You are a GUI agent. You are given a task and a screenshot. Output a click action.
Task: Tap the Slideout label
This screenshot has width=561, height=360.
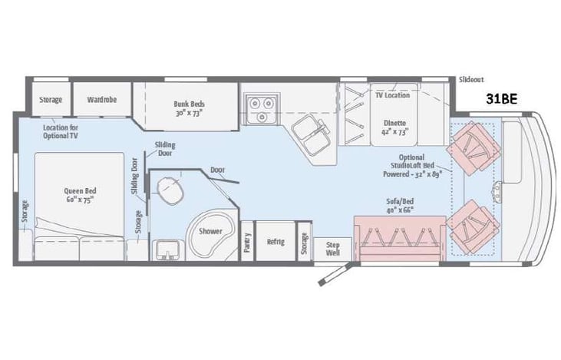(x=470, y=80)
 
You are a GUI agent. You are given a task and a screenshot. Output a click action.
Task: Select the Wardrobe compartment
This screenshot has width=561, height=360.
(x=101, y=99)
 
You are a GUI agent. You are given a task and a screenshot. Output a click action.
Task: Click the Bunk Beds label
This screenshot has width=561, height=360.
(x=189, y=107)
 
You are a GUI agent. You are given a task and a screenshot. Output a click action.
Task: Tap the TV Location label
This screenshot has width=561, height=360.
(x=392, y=95)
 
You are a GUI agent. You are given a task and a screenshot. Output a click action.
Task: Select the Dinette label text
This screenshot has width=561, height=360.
(x=396, y=127)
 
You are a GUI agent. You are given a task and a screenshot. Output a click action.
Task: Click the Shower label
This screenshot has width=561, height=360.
(x=210, y=230)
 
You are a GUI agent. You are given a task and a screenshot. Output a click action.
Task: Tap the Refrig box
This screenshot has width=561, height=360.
(x=276, y=242)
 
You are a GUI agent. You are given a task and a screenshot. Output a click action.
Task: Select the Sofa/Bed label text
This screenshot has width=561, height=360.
(x=399, y=205)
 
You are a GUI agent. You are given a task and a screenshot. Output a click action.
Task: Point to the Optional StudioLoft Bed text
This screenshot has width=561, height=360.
(x=415, y=165)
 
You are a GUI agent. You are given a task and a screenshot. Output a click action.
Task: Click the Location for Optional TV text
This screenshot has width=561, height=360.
(x=61, y=130)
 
